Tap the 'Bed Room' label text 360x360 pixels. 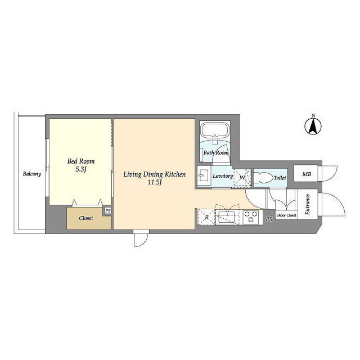pos(81,161)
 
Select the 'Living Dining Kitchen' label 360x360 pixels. pos(155,175)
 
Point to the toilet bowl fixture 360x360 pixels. pos(263,177)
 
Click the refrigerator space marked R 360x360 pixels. pos(206,217)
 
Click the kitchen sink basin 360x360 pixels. pos(228,217)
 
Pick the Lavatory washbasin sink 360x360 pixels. pos(204,177)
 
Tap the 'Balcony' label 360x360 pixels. pos(32,174)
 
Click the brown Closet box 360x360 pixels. pos(86,218)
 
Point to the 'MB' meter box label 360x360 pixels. pos(307,174)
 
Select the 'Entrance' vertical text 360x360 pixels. pos(308,205)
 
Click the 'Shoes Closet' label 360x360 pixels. pos(286,215)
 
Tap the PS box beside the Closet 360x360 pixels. pos(107,211)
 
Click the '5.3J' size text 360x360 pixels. pos(81,169)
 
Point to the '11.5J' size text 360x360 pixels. pos(155,183)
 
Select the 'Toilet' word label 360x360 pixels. pos(280,178)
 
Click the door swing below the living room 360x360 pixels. pos(141,238)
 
